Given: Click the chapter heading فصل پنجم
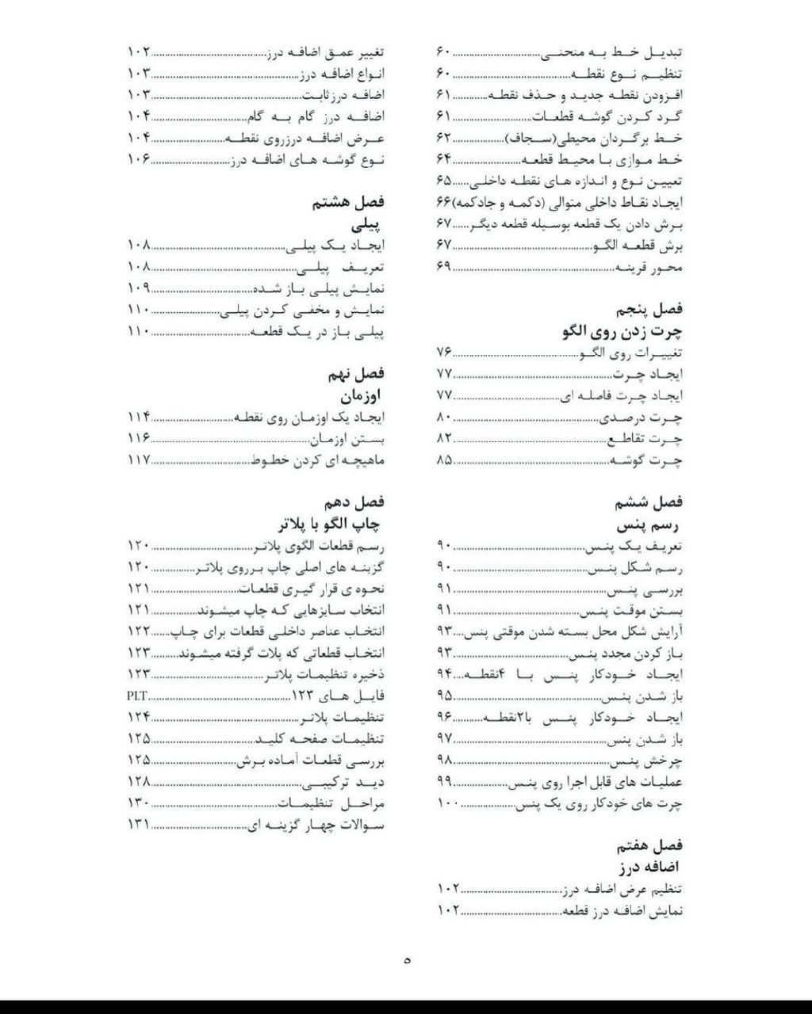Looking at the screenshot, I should tap(649, 310).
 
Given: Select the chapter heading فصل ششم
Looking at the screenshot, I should tap(649, 502).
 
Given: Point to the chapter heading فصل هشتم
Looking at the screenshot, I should tap(348, 203).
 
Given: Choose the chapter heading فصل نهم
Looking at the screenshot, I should tap(354, 373).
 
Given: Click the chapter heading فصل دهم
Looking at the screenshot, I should tap(354, 502).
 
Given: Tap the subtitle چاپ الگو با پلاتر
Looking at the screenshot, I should tap(329, 524).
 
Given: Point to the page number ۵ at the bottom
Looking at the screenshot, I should tap(407, 961).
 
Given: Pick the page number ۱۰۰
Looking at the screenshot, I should tap(448, 803).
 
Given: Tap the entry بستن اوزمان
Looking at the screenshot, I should tap(347, 438).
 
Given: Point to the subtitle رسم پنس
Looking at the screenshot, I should tap(649, 524).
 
